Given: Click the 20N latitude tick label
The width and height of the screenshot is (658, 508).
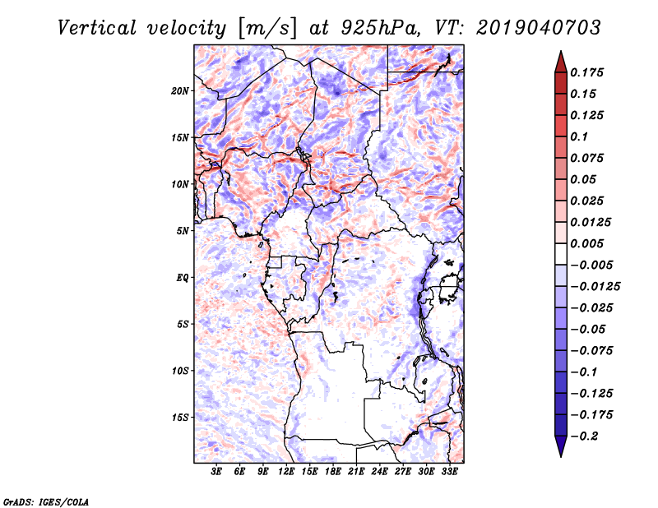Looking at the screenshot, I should point(180,90).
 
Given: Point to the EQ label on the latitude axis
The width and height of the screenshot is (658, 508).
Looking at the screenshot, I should point(183,277).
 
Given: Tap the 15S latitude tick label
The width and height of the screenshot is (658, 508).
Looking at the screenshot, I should point(180,417).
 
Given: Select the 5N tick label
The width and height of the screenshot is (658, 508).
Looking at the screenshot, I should point(183,230).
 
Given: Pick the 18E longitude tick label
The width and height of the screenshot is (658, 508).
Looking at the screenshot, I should point(333,472).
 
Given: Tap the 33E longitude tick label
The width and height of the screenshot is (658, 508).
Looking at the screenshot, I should point(450,472).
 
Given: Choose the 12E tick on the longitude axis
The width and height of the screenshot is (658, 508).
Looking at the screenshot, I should point(286,472).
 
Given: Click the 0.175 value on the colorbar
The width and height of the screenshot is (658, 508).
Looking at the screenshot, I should point(590,72).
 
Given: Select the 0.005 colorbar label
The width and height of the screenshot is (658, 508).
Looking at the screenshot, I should point(590,243).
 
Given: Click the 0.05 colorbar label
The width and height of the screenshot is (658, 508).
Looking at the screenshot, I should point(585,179).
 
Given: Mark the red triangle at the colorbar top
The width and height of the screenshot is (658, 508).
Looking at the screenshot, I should point(560,61).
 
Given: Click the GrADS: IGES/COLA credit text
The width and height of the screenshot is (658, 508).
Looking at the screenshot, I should point(45,501).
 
